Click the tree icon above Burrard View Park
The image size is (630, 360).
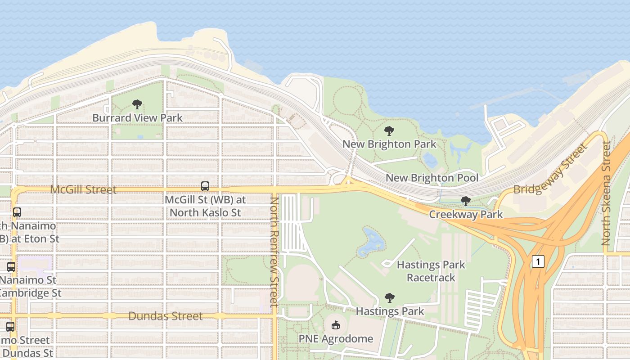click(x=137, y=104)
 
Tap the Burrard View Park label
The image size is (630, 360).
click(x=137, y=118)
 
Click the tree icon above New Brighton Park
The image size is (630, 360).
click(x=389, y=131)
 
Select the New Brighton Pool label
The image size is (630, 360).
click(x=432, y=178)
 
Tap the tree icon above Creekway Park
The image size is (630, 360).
click(x=466, y=201)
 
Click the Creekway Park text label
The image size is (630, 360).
click(x=466, y=214)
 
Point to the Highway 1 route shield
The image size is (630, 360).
click(x=538, y=261)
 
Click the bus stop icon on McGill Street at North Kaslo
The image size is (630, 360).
click(x=205, y=186)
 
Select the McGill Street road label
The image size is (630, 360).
click(x=83, y=189)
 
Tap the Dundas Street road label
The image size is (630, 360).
click(x=166, y=316)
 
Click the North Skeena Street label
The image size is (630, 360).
click(x=606, y=193)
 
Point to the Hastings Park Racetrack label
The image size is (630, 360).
click(x=431, y=271)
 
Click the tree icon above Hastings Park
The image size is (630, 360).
click(x=390, y=297)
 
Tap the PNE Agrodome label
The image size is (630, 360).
click(x=336, y=338)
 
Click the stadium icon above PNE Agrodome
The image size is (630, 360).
click(x=336, y=325)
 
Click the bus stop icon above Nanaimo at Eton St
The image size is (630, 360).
click(x=17, y=212)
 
